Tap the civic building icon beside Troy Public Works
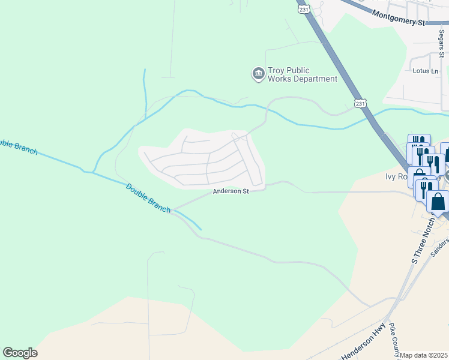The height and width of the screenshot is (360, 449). coord(258,74)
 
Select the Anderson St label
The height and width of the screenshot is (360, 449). coord(231,191)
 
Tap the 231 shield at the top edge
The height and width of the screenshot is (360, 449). coord(304,9)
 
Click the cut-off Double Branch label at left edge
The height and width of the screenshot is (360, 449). coord(18,146)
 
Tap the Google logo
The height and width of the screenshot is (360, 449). coord(20,353)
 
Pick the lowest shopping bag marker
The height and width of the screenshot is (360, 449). coord(438,202)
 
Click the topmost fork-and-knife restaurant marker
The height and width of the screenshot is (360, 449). coord(419,144)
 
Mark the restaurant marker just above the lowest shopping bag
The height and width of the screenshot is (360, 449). coord(426,188)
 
